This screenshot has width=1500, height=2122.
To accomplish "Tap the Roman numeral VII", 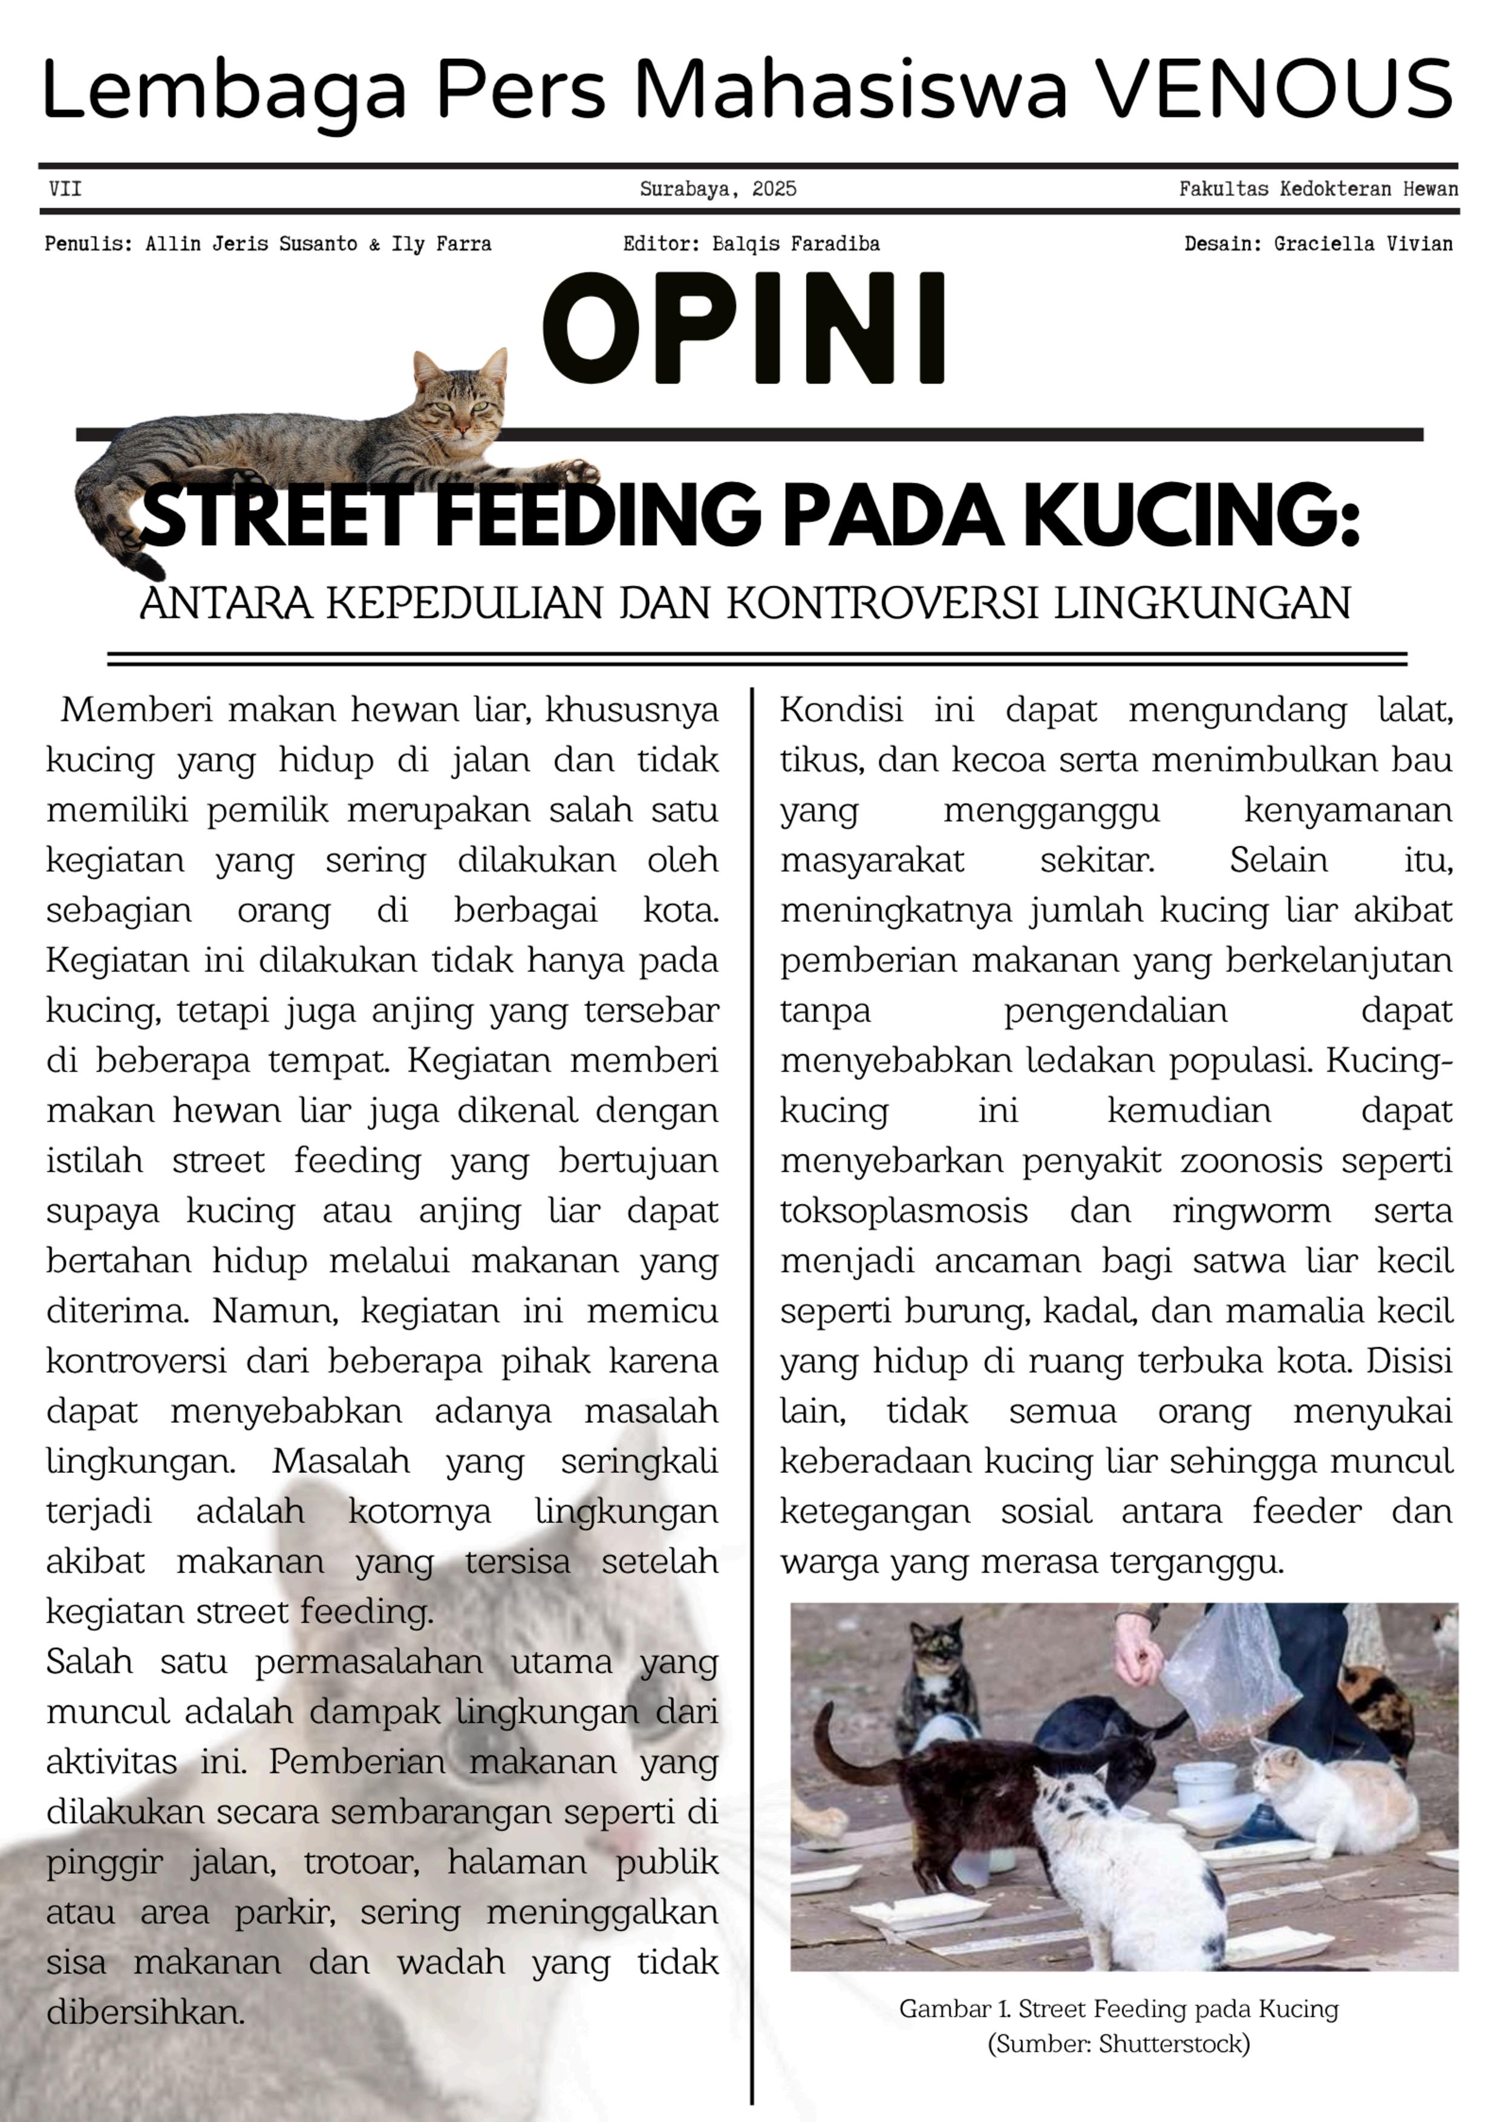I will (65, 189).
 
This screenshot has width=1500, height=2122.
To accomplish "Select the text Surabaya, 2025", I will (717, 189).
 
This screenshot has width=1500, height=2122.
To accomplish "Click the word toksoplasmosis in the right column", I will (903, 1212).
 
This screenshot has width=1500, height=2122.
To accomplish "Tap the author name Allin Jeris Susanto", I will (250, 244).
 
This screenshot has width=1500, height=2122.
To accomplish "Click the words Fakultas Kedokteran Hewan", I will (1318, 189).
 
